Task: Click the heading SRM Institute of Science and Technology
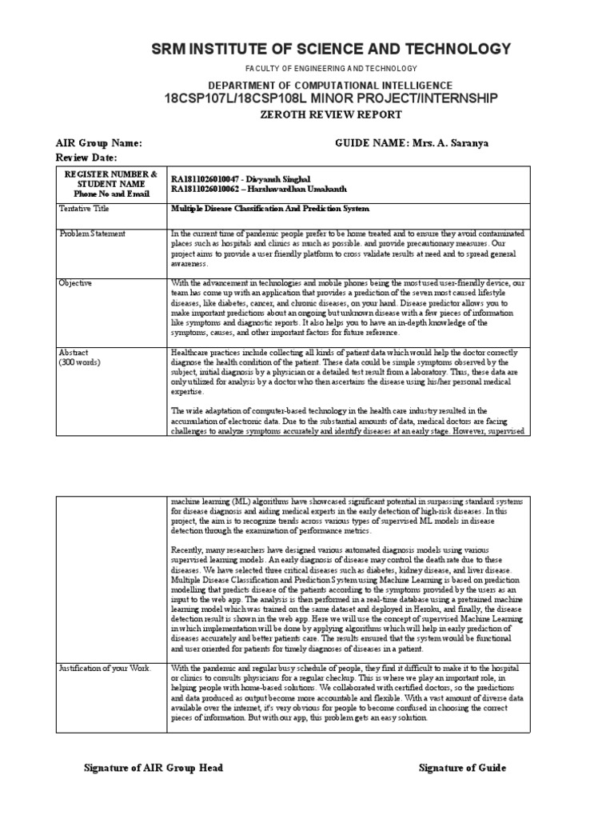click(x=331, y=50)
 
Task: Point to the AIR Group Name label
click(x=98, y=143)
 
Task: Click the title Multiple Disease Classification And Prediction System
click(x=270, y=209)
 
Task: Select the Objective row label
click(x=76, y=283)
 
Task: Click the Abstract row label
click(x=74, y=352)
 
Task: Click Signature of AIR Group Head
click(x=153, y=768)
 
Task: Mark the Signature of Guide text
click(x=462, y=768)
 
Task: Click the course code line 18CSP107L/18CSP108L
click(x=331, y=98)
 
